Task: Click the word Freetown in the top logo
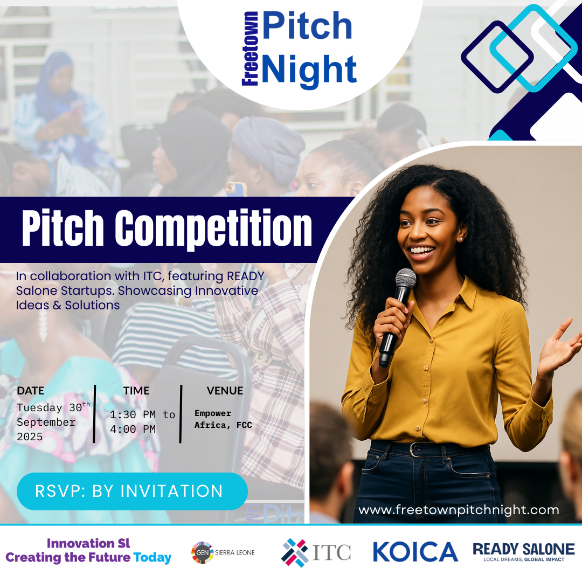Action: click(250, 49)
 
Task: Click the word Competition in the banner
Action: click(213, 228)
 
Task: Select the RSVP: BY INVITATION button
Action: click(132, 491)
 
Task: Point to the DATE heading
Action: click(30, 391)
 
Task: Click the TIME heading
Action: click(136, 391)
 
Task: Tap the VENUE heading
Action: click(225, 391)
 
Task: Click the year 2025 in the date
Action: click(30, 436)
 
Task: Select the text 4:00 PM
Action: click(133, 429)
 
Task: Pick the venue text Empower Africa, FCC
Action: click(223, 419)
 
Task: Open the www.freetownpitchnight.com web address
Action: click(459, 510)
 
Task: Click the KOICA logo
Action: click(415, 552)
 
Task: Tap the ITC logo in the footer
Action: click(316, 553)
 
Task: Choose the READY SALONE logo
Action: click(524, 552)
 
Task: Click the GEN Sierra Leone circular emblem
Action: click(202, 553)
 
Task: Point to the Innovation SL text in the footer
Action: click(88, 543)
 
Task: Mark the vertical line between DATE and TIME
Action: click(95, 414)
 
